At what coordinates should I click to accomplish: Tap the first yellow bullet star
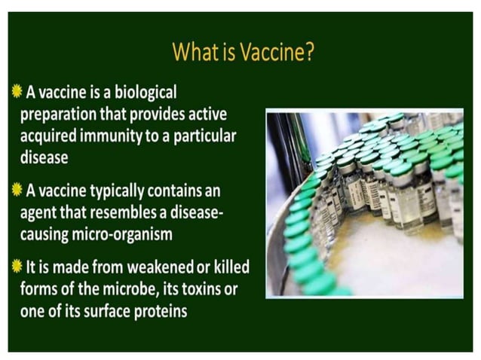point(17,93)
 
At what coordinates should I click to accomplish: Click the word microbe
point(124,290)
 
